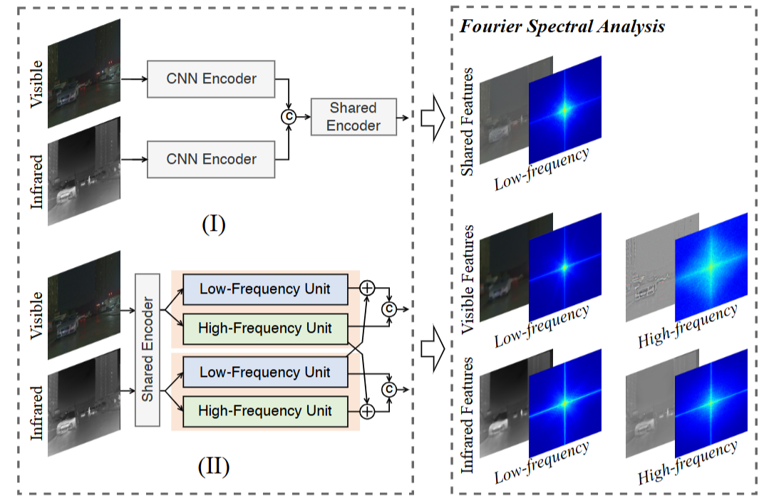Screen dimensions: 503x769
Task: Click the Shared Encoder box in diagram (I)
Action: click(x=353, y=117)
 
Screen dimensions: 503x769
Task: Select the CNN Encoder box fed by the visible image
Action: click(x=211, y=79)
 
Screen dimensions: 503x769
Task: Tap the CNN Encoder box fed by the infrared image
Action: click(x=211, y=159)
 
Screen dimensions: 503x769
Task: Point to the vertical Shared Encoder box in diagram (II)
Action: click(x=148, y=349)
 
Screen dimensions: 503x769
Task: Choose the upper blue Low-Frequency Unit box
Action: click(x=265, y=289)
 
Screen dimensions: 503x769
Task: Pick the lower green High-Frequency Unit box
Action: click(x=265, y=411)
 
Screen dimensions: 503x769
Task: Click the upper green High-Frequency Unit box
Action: click(x=265, y=328)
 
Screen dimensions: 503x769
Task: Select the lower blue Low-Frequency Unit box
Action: click(x=265, y=372)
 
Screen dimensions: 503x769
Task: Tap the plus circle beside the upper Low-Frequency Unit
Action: click(x=367, y=287)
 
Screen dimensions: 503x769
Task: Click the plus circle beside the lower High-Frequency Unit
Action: click(x=367, y=412)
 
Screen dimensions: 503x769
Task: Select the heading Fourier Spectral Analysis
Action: click(x=562, y=27)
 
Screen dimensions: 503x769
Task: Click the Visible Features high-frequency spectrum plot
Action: click(x=711, y=266)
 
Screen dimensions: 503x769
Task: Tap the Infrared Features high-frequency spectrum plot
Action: click(x=711, y=403)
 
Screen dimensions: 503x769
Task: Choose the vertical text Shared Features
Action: click(x=468, y=121)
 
